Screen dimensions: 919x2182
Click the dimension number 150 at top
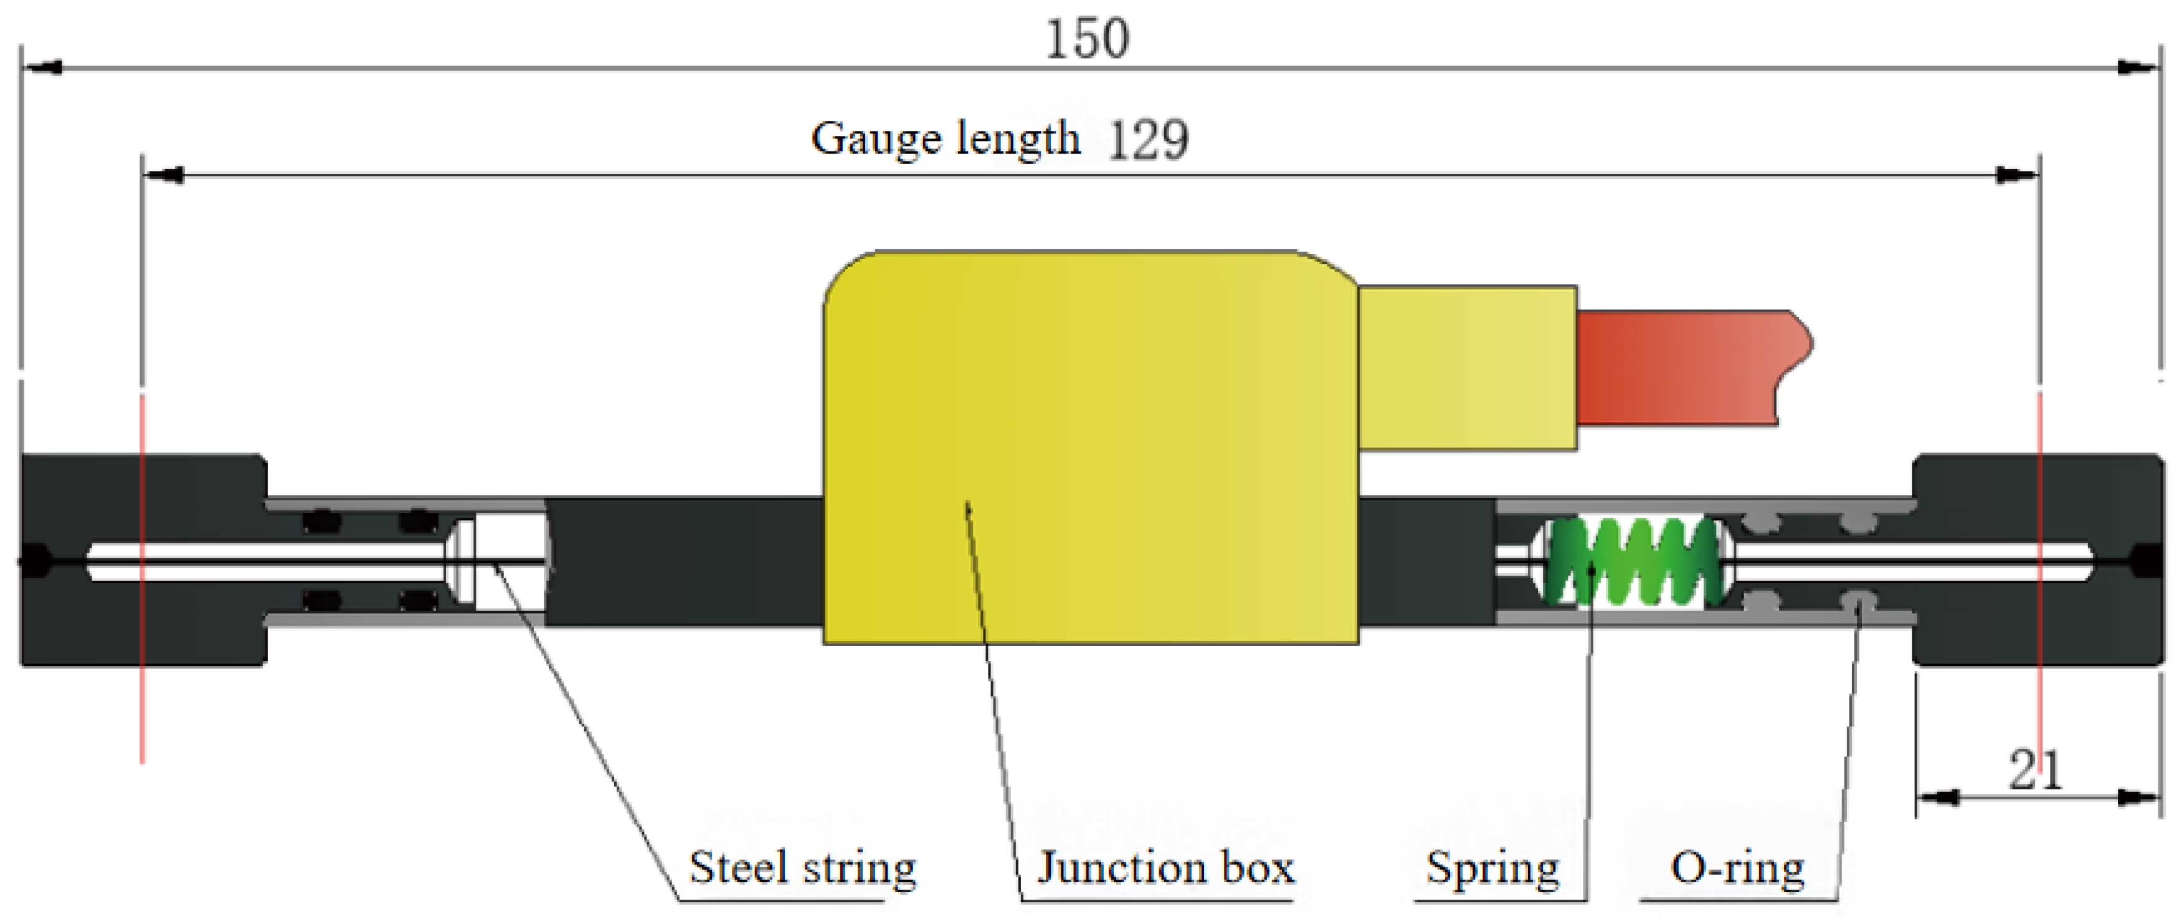(x=1087, y=39)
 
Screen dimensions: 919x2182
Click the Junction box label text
(x=1165, y=867)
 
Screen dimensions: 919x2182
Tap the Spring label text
(x=1492, y=867)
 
